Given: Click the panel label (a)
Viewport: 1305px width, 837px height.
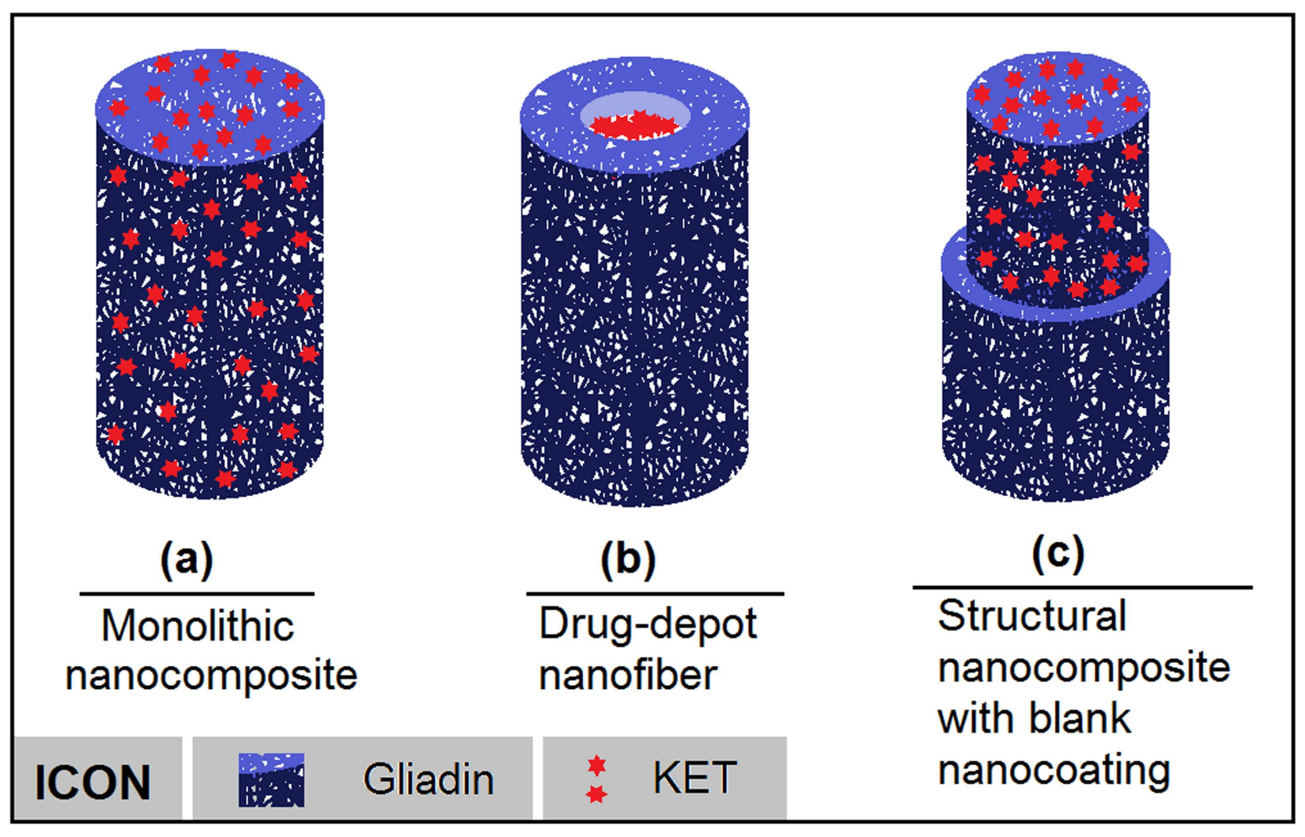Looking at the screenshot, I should (x=187, y=559).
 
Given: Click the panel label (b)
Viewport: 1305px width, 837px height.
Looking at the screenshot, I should (x=628, y=559).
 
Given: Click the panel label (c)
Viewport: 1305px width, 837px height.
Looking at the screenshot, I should (x=1057, y=553).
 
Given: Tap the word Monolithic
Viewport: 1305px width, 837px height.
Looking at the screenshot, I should (x=198, y=627).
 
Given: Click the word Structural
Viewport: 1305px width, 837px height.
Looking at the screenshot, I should (x=1032, y=615).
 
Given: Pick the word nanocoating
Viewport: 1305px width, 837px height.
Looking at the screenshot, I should (x=1053, y=769).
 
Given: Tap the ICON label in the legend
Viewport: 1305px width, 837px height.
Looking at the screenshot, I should (x=93, y=782).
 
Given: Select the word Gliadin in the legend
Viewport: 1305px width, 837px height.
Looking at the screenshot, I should (x=429, y=779).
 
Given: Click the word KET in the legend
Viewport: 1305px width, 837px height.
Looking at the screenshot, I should (x=694, y=778).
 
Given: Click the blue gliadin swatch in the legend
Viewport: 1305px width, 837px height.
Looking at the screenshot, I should (x=271, y=779).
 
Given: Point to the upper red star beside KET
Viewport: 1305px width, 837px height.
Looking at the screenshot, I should (x=597, y=765).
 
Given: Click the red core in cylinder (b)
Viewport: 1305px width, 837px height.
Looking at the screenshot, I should (x=635, y=125).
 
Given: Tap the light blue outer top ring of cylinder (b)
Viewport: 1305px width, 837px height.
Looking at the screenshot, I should (x=554, y=119).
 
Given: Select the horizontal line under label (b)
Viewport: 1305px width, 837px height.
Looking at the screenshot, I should (x=655, y=593).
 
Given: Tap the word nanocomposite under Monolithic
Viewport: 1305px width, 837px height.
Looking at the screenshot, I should (x=211, y=676).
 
